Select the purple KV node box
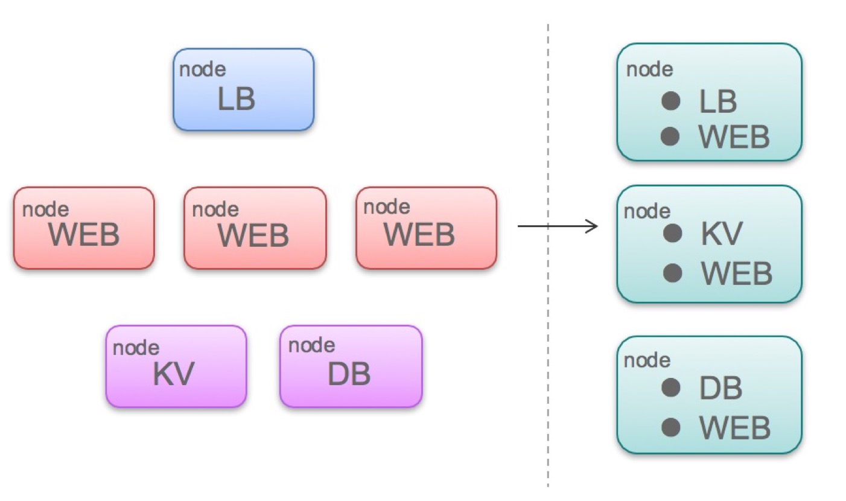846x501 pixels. point(176,366)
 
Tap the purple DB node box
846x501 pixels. point(351,366)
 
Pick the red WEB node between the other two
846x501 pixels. point(255,228)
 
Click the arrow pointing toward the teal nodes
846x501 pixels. point(558,226)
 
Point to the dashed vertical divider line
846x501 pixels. point(548,362)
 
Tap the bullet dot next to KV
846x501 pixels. point(672,233)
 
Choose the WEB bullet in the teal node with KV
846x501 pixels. point(672,273)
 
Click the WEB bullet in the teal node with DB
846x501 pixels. point(671,427)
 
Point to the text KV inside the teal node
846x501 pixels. point(720,234)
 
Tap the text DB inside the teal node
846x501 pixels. point(720,388)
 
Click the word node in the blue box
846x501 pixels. point(203,69)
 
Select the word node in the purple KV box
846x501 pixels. point(136,348)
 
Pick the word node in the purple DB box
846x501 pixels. point(311,346)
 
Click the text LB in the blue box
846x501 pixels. point(237,100)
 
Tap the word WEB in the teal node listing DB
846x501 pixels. point(735,428)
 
